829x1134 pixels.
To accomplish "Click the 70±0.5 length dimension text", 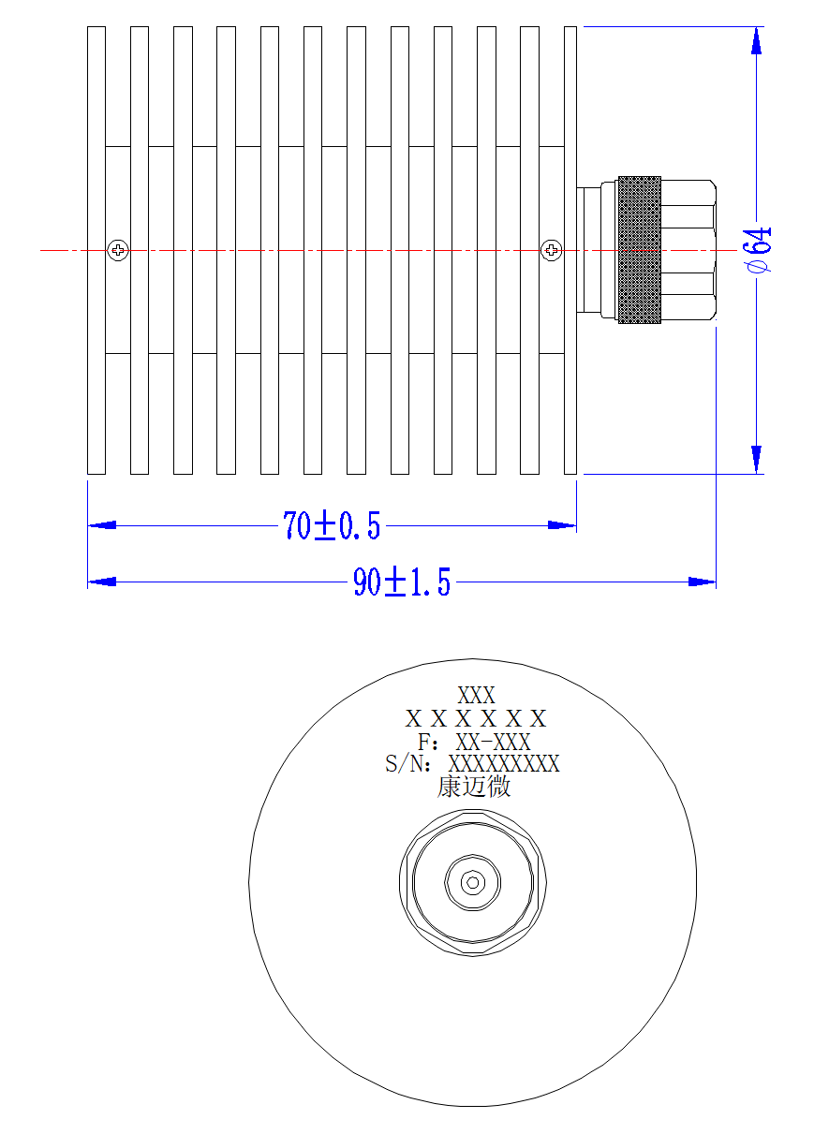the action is click(x=332, y=525).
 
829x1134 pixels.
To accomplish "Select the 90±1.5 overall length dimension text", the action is click(x=402, y=582).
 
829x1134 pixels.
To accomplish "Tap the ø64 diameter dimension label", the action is click(x=758, y=250).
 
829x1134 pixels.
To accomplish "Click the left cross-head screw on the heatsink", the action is click(x=118, y=250).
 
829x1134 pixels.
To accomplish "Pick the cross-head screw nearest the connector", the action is click(x=551, y=250).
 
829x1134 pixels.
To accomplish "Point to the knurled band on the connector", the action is click(x=640, y=250).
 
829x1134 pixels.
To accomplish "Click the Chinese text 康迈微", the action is click(x=474, y=788).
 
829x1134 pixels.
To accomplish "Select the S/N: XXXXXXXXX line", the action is click(x=472, y=763).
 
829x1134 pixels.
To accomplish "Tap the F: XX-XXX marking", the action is click(x=474, y=742).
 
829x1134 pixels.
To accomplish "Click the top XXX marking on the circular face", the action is click(x=476, y=695).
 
